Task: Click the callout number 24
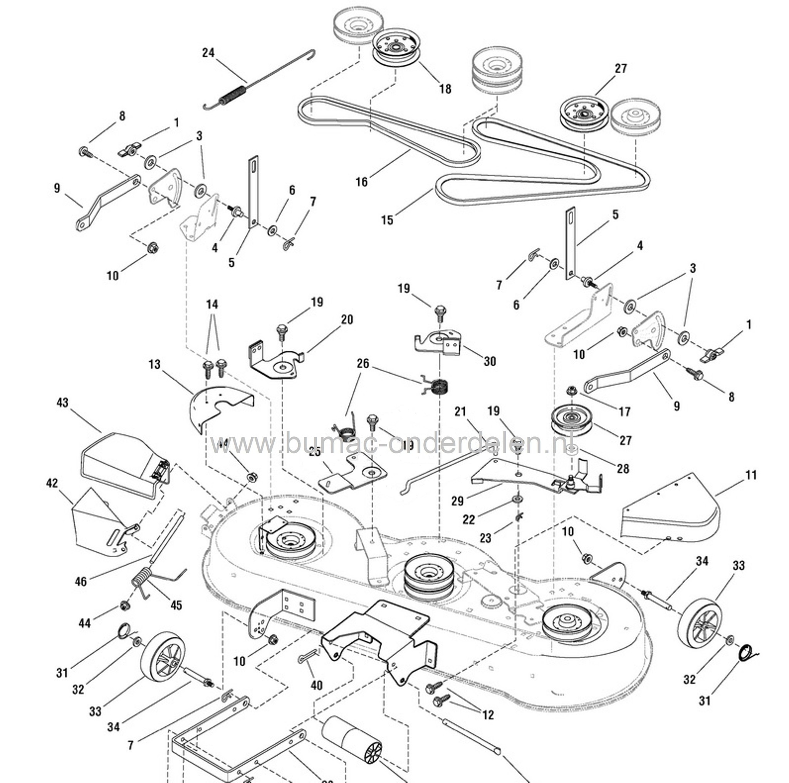208,53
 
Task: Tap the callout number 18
445,89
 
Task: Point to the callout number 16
362,181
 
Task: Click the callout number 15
387,220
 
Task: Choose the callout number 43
62,402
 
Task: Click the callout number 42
52,483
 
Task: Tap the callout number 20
347,320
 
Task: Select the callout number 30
490,361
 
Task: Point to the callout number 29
458,501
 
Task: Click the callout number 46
81,581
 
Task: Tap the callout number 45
176,605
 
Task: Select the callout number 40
317,685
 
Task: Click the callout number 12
488,714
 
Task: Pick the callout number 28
623,468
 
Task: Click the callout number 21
460,411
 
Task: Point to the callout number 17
625,411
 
